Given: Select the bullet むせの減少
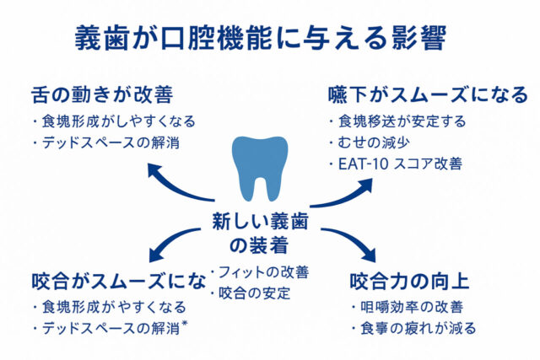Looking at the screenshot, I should click(x=371, y=142).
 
